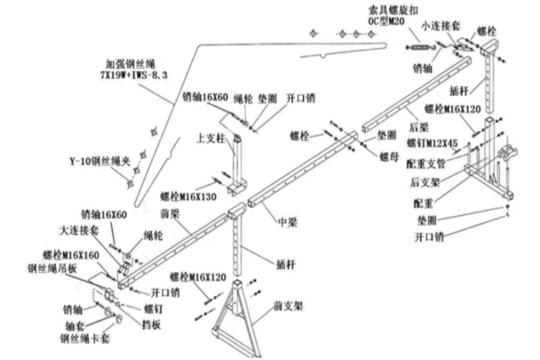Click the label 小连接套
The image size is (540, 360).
pos(442,26)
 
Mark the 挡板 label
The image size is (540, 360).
pos(150,324)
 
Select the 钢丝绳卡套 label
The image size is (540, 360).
pos(85,339)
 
